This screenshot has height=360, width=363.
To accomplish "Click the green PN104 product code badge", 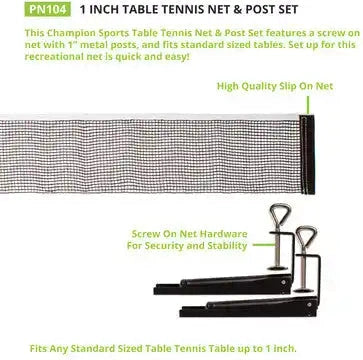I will coord(23,9).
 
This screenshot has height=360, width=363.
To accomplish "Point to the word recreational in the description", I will coord(35,57).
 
